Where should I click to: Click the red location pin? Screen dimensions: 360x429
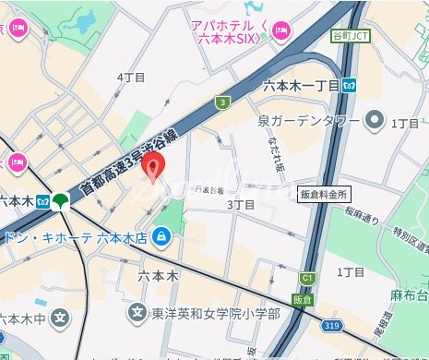coord(155,166)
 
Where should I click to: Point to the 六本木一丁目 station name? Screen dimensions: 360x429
coord(301,86)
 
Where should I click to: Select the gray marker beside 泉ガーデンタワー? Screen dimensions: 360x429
coord(375,119)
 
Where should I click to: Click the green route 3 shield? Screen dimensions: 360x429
coord(222,102)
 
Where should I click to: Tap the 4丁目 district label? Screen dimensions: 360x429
coord(132,78)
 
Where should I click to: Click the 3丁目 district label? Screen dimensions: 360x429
coord(240,203)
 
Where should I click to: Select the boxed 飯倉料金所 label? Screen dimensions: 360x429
coord(323,195)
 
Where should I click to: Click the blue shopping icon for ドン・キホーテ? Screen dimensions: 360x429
coord(162,236)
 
